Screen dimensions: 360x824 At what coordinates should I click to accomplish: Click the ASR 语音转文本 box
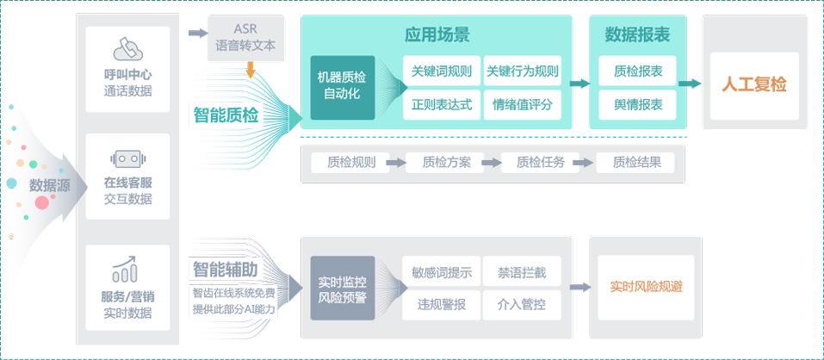pyautogui.click(x=248, y=39)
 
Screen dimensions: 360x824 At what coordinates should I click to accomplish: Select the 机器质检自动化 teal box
pyautogui.click(x=343, y=87)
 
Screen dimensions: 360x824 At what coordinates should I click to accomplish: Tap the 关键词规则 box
pyautogui.click(x=442, y=71)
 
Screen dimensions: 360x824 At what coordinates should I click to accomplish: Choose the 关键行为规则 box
pyautogui.click(x=522, y=71)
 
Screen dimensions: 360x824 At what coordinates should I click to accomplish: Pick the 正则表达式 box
pyautogui.click(x=442, y=105)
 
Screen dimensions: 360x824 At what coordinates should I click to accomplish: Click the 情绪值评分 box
pyautogui.click(x=522, y=105)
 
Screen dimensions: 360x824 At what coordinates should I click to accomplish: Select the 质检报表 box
pyautogui.click(x=638, y=71)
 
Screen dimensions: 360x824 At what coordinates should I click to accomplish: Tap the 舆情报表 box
pyautogui.click(x=638, y=105)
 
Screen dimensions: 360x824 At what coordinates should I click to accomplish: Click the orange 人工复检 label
pyautogui.click(x=754, y=85)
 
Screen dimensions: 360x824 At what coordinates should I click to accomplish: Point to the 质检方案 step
pyautogui.click(x=447, y=162)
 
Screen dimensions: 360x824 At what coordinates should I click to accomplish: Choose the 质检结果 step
pyautogui.click(x=636, y=162)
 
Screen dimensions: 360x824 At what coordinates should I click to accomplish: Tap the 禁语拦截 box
pyautogui.click(x=521, y=273)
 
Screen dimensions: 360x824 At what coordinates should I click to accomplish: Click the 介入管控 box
pyautogui.click(x=521, y=304)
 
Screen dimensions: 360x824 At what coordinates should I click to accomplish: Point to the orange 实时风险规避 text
pyautogui.click(x=646, y=287)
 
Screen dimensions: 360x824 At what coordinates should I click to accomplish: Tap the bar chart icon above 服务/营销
pyautogui.click(x=127, y=269)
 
